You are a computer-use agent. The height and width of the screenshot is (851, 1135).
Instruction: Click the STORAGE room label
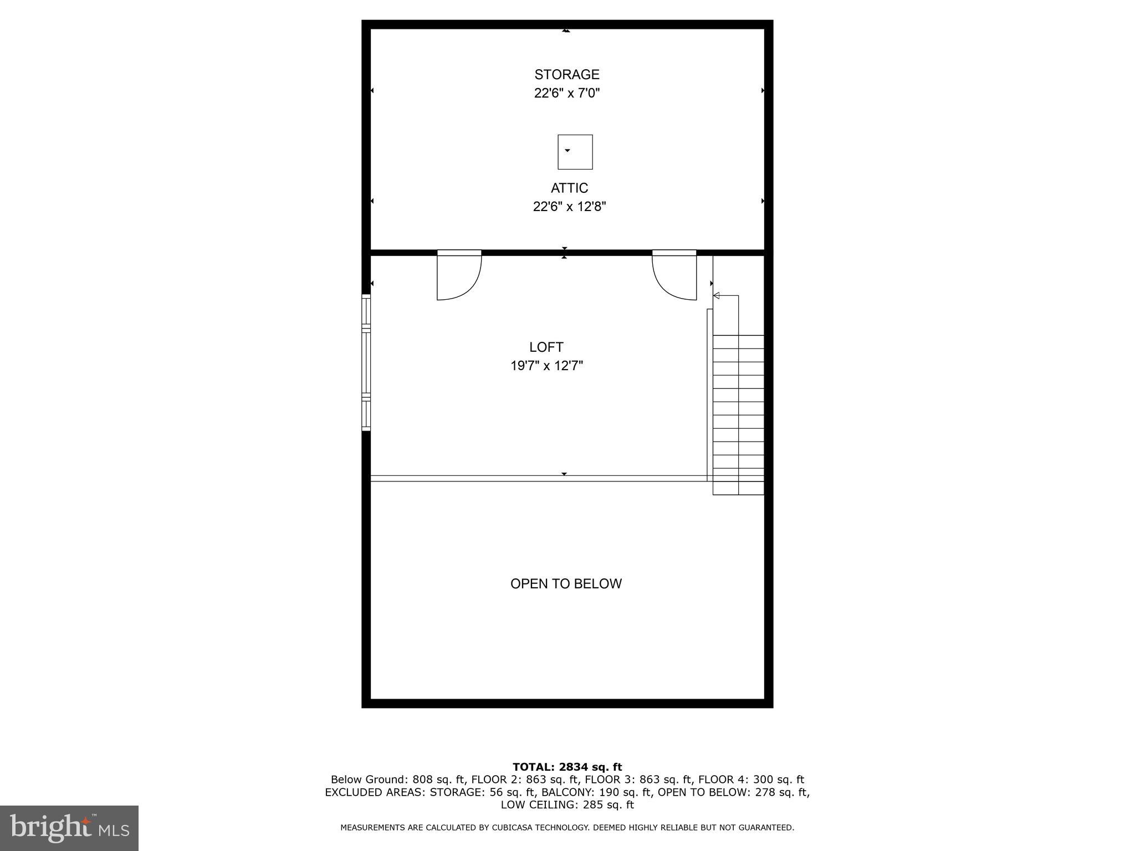(x=566, y=74)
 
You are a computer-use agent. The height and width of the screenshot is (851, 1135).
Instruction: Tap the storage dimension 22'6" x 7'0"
(x=566, y=93)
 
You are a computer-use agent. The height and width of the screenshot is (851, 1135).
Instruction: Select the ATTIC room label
(x=569, y=188)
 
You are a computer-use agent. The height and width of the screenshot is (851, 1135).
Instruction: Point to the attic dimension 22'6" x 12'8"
(x=569, y=207)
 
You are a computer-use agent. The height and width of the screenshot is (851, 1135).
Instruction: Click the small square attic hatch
(x=575, y=152)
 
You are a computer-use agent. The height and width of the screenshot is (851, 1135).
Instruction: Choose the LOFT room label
(x=546, y=347)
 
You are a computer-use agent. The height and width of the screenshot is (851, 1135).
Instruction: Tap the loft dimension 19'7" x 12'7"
(x=546, y=366)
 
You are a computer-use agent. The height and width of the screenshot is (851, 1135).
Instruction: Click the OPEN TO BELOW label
(x=566, y=583)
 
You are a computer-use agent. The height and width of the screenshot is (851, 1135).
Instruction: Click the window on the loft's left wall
(x=366, y=363)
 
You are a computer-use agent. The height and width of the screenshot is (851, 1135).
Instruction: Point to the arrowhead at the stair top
(x=716, y=296)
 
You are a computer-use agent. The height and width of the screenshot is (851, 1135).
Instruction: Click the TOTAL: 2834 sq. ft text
(x=567, y=767)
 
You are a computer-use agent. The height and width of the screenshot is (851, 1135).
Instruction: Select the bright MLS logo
(x=69, y=828)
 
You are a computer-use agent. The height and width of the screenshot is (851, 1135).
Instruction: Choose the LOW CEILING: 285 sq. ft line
(x=567, y=804)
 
